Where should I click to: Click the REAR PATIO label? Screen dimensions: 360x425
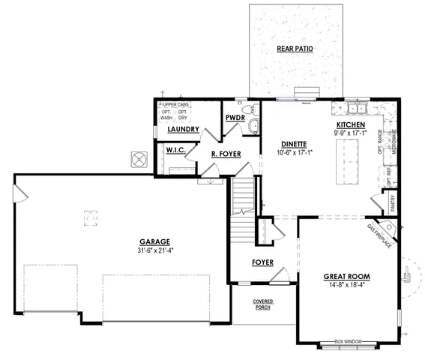[x=295, y=49]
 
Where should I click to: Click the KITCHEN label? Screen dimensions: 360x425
[x=350, y=124]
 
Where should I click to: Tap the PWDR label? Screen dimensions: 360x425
[x=235, y=118]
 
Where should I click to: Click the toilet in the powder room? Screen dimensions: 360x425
[x=253, y=125]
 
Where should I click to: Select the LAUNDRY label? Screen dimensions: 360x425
[x=183, y=129]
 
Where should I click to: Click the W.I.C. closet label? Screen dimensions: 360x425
[x=175, y=150]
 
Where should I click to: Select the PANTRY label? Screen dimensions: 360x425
[x=392, y=200]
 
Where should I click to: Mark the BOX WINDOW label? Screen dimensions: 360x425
[x=349, y=341]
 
